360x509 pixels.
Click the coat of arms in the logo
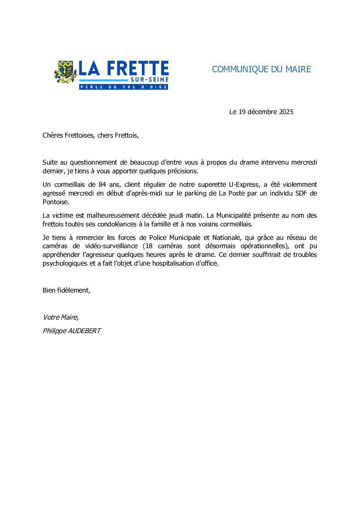(65, 71)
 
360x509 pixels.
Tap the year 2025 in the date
(286, 112)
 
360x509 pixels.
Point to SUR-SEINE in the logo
(149, 80)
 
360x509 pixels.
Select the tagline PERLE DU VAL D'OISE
(123, 87)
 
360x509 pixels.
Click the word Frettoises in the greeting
(79, 135)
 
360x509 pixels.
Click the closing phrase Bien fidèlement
(66, 290)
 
